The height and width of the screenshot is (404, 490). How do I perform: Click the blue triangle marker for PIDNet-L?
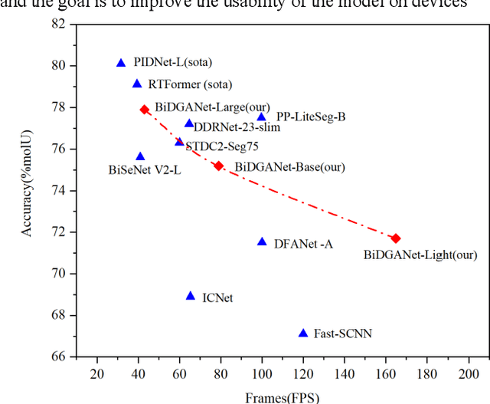pos(121,63)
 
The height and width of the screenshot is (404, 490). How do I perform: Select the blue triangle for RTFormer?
pos(137,84)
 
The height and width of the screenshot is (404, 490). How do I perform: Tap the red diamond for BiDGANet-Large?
pos(145,110)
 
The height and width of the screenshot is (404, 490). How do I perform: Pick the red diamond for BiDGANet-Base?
pos(218,166)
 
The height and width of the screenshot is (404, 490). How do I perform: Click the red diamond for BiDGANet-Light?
pos(396,238)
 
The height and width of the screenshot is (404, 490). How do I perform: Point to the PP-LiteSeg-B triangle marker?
pos(261,117)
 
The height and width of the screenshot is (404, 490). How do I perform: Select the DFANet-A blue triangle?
pos(262,242)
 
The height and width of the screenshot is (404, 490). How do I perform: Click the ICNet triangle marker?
pos(191,296)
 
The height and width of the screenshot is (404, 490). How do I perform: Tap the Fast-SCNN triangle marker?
pos(303,333)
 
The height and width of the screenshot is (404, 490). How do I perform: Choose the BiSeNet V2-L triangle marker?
pos(140,156)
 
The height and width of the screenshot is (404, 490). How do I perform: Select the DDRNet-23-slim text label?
pos(237,127)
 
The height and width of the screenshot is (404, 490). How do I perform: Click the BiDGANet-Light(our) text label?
pos(420,255)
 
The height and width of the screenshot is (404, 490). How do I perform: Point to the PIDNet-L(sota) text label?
pos(173,62)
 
